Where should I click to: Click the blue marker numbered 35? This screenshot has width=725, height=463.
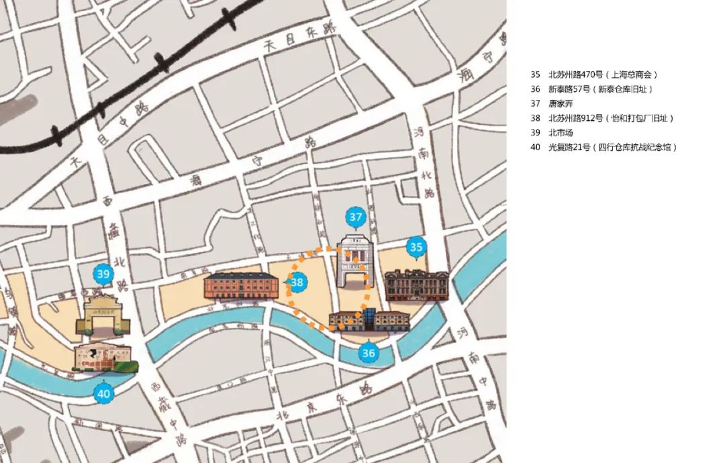(x=416, y=248)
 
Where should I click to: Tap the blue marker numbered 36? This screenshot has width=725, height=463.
(x=368, y=352)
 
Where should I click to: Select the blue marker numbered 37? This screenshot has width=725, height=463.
(x=356, y=217)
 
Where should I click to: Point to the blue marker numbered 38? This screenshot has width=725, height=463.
(x=297, y=283)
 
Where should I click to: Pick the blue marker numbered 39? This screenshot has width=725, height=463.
(x=103, y=274)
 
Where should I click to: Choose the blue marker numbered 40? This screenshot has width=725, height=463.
(x=103, y=394)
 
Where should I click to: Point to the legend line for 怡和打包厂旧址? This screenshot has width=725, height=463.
(x=601, y=118)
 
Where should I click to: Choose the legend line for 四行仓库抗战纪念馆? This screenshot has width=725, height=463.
(x=603, y=147)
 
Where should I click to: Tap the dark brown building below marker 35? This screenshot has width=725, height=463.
(x=416, y=285)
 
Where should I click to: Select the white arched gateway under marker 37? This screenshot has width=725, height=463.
(x=352, y=261)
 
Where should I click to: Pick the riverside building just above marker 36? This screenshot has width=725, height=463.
(x=369, y=321)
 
